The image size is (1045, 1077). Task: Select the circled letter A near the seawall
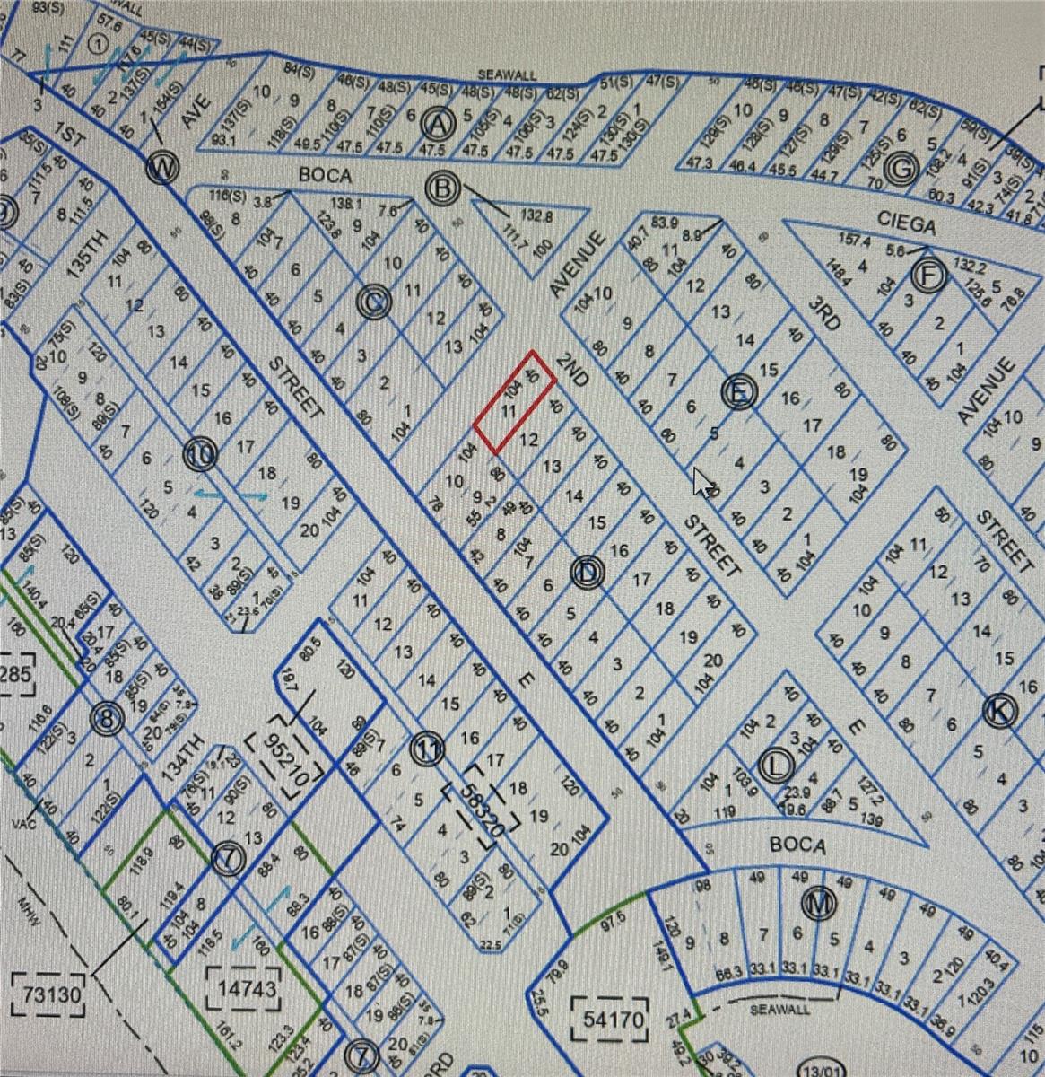click(439, 120)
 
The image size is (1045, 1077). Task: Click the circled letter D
click(587, 571)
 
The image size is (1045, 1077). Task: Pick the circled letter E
click(739, 391)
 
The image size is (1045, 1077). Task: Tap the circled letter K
click(999, 711)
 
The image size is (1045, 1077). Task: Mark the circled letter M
click(818, 904)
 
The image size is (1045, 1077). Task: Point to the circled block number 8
click(107, 718)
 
